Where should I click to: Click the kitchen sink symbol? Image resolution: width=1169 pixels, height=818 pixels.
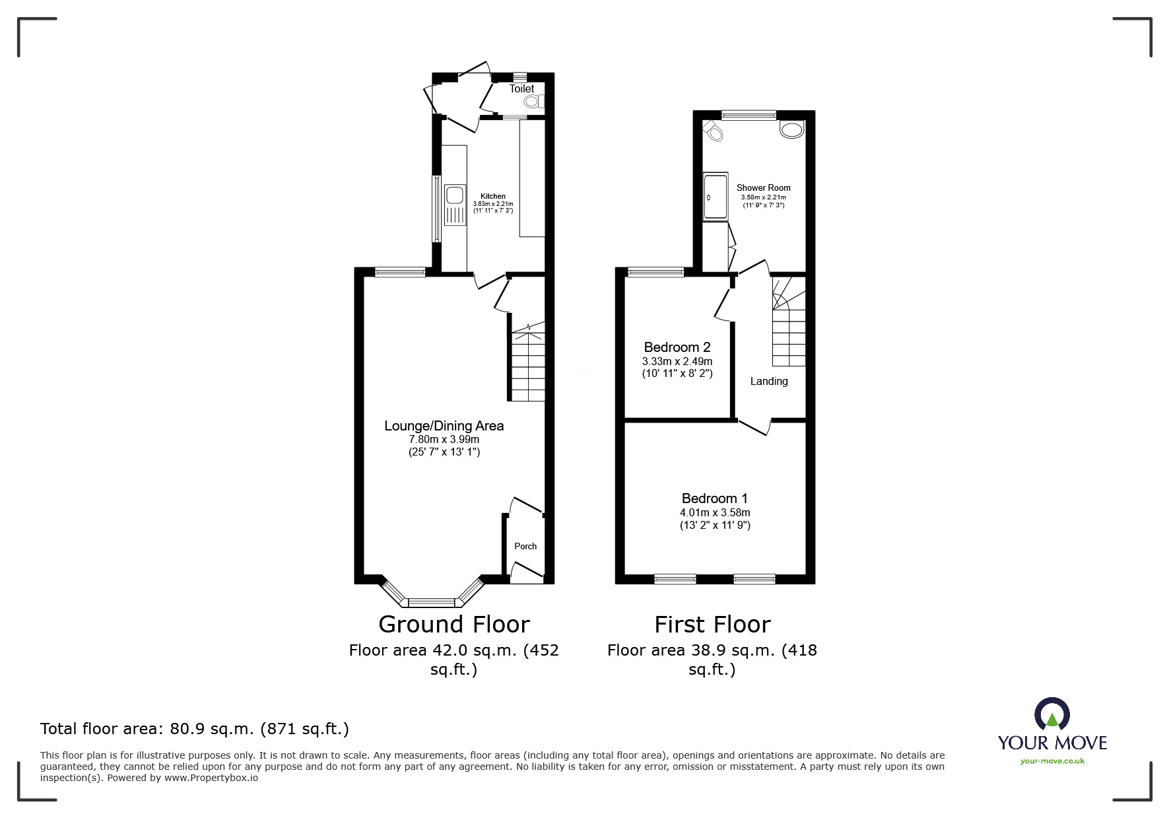pyautogui.click(x=454, y=195)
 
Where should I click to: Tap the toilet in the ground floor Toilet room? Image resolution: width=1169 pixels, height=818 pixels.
pyautogui.click(x=533, y=102)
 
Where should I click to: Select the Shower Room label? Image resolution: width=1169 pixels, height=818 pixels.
pyautogui.click(x=763, y=187)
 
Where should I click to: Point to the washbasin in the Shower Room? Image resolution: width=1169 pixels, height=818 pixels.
pyautogui.click(x=792, y=129)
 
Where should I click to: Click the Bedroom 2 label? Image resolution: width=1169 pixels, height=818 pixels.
pyautogui.click(x=677, y=347)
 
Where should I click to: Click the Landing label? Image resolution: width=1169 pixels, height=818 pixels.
pyautogui.click(x=768, y=381)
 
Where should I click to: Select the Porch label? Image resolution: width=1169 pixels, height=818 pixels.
pyautogui.click(x=525, y=546)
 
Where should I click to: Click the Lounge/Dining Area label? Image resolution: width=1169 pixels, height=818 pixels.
pyautogui.click(x=444, y=426)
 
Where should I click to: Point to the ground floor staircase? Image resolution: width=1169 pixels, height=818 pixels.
pyautogui.click(x=527, y=366)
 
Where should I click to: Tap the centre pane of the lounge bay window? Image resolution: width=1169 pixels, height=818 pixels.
pyautogui.click(x=431, y=601)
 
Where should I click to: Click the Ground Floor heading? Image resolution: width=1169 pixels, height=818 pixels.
pyautogui.click(x=453, y=624)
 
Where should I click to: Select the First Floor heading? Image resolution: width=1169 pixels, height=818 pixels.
pyautogui.click(x=712, y=624)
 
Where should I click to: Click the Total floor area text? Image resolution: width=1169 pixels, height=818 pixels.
pyautogui.click(x=194, y=729)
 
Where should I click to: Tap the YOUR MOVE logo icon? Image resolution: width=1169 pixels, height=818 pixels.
pyautogui.click(x=1052, y=714)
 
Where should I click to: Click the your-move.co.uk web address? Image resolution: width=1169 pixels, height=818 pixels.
pyautogui.click(x=1052, y=761)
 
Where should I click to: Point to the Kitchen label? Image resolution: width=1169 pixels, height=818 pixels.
pyautogui.click(x=492, y=196)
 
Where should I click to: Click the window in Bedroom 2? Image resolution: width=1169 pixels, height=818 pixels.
pyautogui.click(x=655, y=271)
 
